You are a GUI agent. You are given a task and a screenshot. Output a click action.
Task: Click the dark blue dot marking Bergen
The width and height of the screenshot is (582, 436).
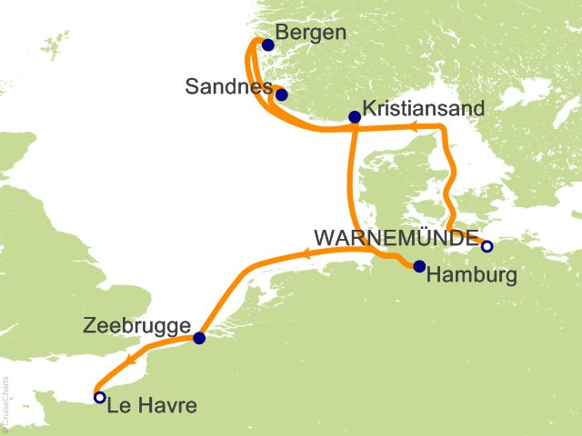click(x=267, y=44)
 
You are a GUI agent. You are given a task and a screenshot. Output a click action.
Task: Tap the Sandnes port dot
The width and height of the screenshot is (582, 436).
click(x=281, y=94)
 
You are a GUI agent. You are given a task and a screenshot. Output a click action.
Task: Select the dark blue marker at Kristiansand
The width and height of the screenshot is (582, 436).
click(x=355, y=116)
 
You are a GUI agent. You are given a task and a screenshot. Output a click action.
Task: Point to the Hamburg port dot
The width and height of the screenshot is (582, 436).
click(x=419, y=266)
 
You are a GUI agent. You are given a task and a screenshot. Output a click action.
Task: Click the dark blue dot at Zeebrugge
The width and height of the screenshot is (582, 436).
click(x=199, y=338)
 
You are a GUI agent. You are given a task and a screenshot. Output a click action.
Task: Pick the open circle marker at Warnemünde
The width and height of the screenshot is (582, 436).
click(x=487, y=246)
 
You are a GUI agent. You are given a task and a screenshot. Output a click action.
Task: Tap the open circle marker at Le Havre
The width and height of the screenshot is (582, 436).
click(x=99, y=397)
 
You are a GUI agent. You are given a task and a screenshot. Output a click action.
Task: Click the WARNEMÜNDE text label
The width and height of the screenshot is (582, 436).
click(x=396, y=238)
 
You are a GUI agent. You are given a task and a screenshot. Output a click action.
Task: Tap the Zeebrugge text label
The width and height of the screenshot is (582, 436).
click(x=135, y=326)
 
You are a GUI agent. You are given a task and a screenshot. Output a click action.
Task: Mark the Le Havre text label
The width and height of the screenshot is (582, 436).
click(x=151, y=406)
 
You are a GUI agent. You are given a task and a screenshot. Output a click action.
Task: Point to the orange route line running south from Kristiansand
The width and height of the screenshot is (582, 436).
click(x=348, y=182)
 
